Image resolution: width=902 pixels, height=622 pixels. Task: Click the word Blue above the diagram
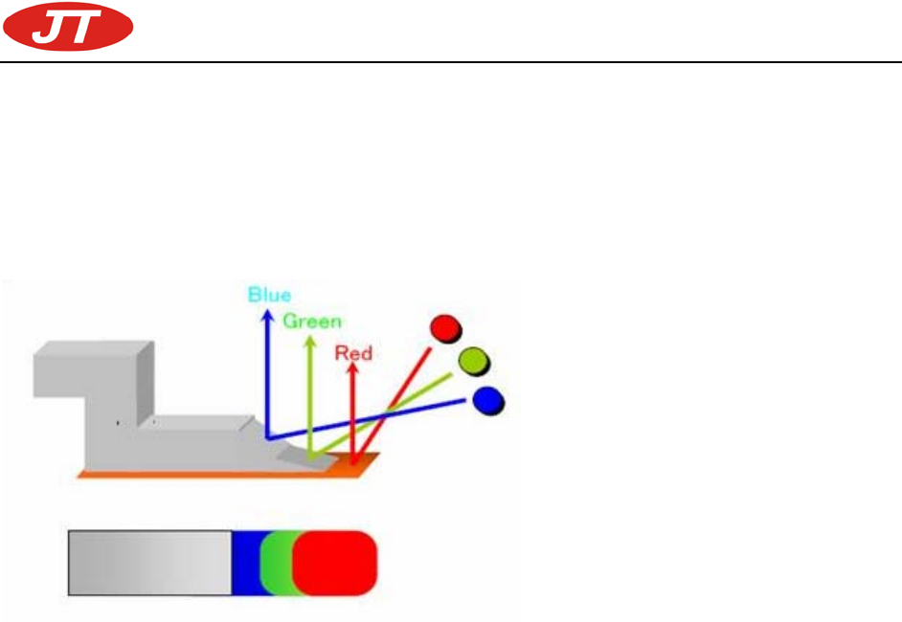(x=269, y=295)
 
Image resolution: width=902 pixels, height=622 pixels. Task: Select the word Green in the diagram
(x=311, y=322)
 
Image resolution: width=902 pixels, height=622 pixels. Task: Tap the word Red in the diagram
(x=353, y=353)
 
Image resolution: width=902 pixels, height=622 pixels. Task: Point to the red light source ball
(x=444, y=328)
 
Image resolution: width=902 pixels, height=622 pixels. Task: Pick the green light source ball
(x=472, y=361)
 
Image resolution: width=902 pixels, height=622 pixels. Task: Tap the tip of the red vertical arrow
(x=353, y=369)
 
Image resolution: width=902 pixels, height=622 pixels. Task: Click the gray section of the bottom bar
(x=149, y=563)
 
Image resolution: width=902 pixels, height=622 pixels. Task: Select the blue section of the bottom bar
(x=246, y=563)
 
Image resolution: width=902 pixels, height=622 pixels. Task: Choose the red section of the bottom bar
(x=335, y=563)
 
